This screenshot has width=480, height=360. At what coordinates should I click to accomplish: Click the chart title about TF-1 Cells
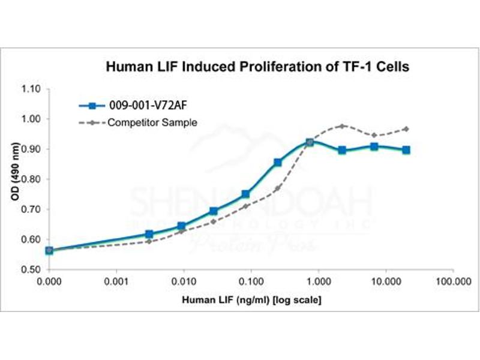258,67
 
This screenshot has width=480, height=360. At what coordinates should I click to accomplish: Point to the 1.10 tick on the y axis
32,89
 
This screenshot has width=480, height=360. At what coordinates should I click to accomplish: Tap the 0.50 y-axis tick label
32,269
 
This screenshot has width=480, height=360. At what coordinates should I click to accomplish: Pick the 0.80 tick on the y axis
32,179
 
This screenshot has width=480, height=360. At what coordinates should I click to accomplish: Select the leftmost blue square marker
49,250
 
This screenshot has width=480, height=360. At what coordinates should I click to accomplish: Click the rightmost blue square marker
406,149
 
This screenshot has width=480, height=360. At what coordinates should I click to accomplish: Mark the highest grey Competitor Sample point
342,126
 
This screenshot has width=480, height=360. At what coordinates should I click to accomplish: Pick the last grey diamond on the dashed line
406,129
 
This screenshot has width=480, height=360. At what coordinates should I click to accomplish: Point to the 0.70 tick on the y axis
32,209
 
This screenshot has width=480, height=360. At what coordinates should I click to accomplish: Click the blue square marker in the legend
92,107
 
